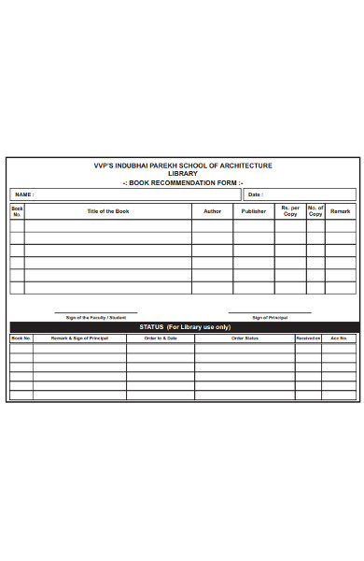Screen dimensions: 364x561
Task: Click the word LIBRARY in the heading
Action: pyautogui.click(x=183, y=174)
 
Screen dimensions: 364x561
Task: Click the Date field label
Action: pyautogui.click(x=255, y=194)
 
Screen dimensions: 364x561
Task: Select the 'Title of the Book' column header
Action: pyautogui.click(x=108, y=211)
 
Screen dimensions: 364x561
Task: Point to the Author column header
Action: pyautogui.click(x=213, y=211)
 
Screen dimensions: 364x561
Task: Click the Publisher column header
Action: pyautogui.click(x=254, y=211)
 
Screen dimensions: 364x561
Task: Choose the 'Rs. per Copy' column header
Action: pyautogui.click(x=290, y=211)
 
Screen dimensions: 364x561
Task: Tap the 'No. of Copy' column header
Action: pyautogui.click(x=315, y=211)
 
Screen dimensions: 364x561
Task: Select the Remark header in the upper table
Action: pyautogui.click(x=340, y=211)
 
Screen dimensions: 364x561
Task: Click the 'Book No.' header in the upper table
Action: pyautogui.click(x=17, y=211)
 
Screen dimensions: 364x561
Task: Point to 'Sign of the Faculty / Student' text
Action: pyautogui.click(x=95, y=318)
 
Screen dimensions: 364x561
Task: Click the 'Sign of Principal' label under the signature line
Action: pyautogui.click(x=270, y=318)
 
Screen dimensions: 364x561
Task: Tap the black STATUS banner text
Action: pyautogui.click(x=185, y=327)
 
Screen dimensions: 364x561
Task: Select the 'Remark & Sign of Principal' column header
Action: pyautogui.click(x=79, y=338)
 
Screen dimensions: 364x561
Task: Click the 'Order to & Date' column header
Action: pyautogui.click(x=161, y=338)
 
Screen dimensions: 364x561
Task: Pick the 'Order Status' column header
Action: pyautogui.click(x=245, y=338)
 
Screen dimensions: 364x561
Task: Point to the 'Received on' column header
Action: pyautogui.click(x=308, y=338)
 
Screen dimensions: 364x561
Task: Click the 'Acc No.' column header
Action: pyautogui.click(x=339, y=338)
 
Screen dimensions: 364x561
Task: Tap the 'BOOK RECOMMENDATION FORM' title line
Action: pyautogui.click(x=183, y=182)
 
